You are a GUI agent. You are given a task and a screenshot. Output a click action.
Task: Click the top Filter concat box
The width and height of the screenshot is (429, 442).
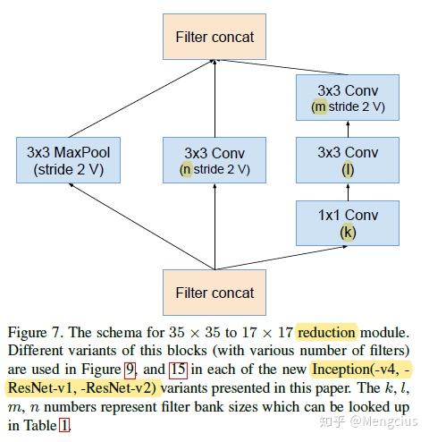point(214,38)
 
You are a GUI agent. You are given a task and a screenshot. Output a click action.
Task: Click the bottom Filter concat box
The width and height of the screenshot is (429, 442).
point(214,293)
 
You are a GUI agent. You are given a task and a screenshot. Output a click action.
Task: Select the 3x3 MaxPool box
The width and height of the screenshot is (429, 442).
point(68,160)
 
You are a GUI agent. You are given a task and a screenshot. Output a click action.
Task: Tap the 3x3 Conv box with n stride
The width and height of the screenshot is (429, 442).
point(214,160)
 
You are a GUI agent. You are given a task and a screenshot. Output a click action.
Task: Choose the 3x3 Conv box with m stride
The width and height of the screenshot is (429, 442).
point(348,98)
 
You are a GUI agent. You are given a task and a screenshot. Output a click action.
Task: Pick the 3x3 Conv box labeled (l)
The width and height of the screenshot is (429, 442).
point(348,160)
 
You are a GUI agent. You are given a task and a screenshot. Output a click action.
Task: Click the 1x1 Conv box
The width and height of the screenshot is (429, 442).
point(348,223)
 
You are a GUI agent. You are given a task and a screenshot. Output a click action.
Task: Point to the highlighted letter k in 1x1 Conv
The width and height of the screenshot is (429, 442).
point(348,232)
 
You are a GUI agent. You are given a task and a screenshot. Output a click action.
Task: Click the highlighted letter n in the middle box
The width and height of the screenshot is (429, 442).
point(186,169)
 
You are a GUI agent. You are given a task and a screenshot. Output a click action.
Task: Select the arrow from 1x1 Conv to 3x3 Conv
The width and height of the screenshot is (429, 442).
point(348,191)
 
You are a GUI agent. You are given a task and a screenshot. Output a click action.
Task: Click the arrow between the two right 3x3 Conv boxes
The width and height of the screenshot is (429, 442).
point(348,130)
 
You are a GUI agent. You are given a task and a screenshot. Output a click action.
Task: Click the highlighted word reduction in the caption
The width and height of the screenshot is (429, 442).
point(326,333)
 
